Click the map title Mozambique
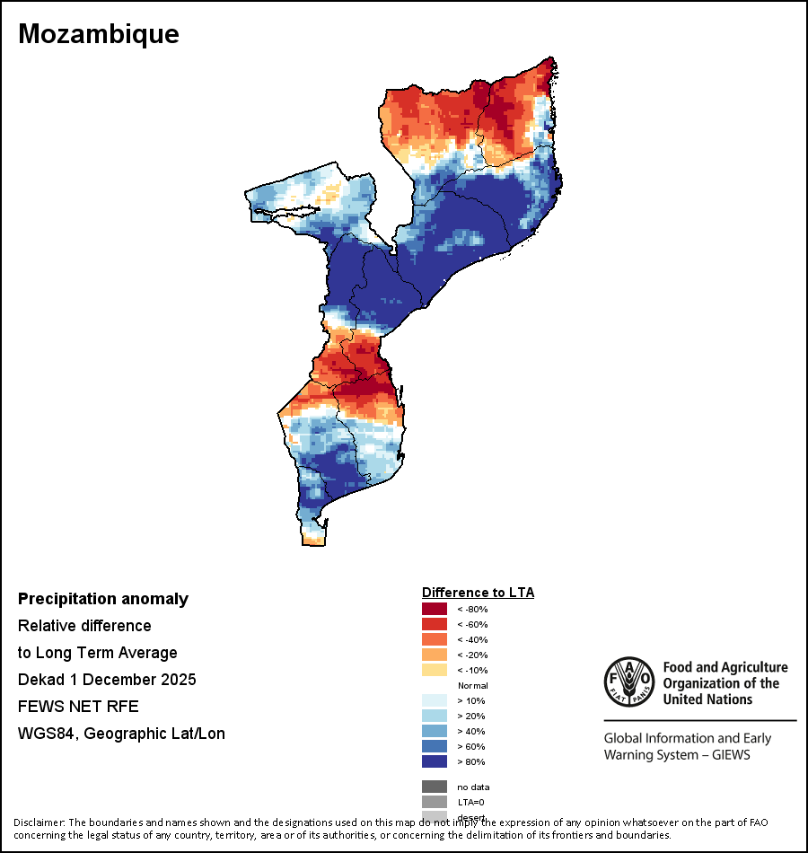tap(99, 34)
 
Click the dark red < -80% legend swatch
tap(434, 609)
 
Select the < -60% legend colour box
tap(434, 624)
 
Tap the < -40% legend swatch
tap(434, 639)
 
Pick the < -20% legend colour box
tap(434, 655)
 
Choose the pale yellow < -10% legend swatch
tap(434, 670)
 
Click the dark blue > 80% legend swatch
tap(434, 761)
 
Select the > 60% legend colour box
tap(434, 746)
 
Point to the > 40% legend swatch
tap(434, 731)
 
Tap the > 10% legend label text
tap(471, 700)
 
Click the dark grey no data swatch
tap(434, 787)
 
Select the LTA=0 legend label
tap(471, 802)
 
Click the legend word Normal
tap(472, 685)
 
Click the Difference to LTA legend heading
tap(478, 593)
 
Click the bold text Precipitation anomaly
tap(103, 599)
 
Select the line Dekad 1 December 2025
tap(107, 680)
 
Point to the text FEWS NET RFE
tap(78, 707)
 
